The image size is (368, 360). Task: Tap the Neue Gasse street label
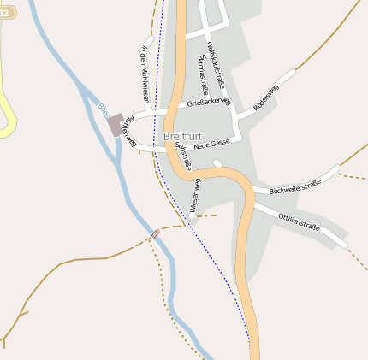pyautogui.click(x=213, y=145)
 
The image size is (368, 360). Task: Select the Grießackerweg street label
pyautogui.click(x=209, y=102)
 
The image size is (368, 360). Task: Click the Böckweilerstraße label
pyautogui.click(x=294, y=186)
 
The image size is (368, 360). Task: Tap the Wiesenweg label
pyautogui.click(x=195, y=195)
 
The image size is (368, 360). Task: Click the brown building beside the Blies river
pyautogui.click(x=115, y=125)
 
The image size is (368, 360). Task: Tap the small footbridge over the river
pyautogui.click(x=155, y=233)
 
